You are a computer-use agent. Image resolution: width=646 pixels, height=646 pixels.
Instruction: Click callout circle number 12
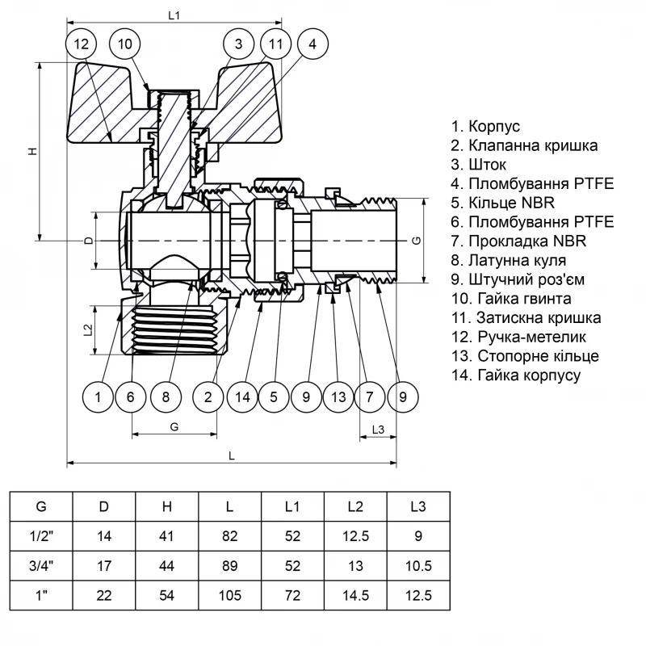pos(80,44)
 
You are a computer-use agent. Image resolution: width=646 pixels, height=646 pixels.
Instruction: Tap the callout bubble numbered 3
pos(238,44)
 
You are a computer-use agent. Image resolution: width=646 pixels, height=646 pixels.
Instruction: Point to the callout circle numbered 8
pos(166,396)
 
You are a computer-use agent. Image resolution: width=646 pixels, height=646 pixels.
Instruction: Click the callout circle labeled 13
pos(338,396)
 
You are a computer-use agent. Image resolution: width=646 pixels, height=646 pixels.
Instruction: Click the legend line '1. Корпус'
pos(485,127)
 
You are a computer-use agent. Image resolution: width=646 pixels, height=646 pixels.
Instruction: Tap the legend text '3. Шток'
pos(480,165)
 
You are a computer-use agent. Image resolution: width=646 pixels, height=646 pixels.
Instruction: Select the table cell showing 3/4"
pos(40,565)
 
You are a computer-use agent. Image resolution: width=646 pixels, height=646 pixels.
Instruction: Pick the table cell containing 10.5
pos(417,565)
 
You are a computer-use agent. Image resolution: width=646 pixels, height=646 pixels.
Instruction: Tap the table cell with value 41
pos(167,535)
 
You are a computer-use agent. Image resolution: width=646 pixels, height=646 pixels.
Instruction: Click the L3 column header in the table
pos(417,506)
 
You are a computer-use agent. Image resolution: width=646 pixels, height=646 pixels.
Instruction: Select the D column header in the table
pos(104,506)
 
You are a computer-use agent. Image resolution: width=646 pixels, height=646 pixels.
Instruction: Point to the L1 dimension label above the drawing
pos(173,15)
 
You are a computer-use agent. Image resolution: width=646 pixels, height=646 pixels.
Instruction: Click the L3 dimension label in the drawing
pos(377,428)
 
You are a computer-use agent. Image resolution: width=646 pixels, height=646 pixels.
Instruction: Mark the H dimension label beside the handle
pos(31,151)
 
